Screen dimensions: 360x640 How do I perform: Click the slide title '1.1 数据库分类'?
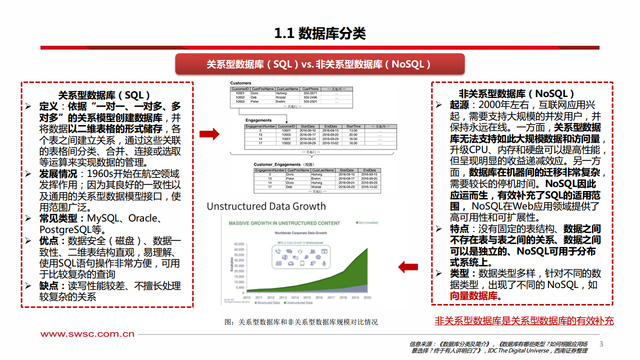pyautogui.click(x=320, y=33)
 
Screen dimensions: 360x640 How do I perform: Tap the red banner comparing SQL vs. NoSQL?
pyautogui.click(x=319, y=64)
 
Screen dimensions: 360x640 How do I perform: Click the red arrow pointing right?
pyautogui.click(x=209, y=133)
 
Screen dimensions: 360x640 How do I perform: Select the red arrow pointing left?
pyautogui.click(x=408, y=267)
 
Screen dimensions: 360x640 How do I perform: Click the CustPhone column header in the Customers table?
pyautogui.click(x=310, y=89)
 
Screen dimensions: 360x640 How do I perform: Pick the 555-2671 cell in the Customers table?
pyautogui.click(x=310, y=93)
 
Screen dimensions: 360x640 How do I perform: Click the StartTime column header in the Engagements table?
pyautogui.click(x=353, y=126)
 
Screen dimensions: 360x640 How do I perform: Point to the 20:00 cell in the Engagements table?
pyautogui.click(x=353, y=135)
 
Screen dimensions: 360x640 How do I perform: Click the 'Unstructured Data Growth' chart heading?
pyautogui.click(x=266, y=206)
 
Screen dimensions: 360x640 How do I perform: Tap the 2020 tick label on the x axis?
pyautogui.click(x=367, y=298)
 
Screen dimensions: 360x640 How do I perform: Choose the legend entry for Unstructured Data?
pyautogui.click(x=299, y=303)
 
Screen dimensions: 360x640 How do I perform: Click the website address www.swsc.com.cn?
pyautogui.click(x=87, y=334)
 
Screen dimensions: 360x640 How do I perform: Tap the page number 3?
pyautogui.click(x=601, y=344)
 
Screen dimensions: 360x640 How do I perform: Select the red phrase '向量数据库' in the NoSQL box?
pyautogui.click(x=474, y=296)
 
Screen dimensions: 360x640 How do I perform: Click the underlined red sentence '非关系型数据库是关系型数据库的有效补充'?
pyautogui.click(x=524, y=321)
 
